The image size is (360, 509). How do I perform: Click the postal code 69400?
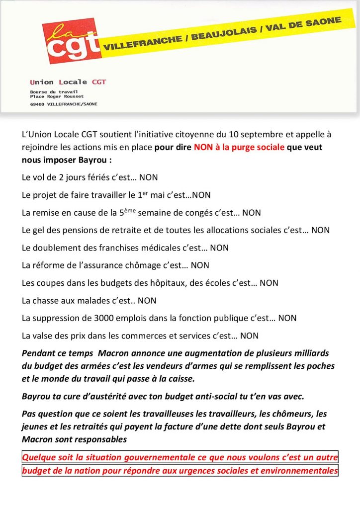37,104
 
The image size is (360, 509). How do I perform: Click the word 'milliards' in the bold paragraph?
311,353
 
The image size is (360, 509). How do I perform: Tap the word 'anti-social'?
220,397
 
